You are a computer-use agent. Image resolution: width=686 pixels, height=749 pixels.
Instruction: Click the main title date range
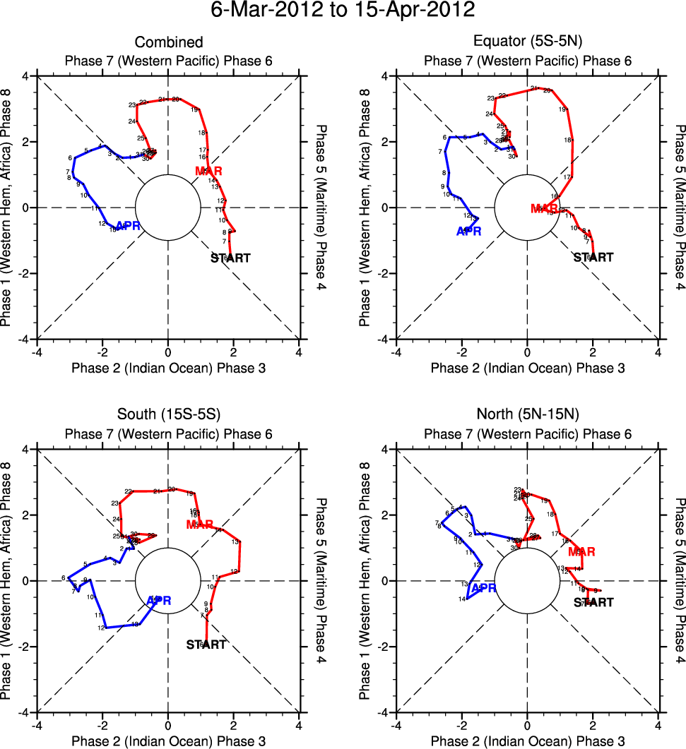343,12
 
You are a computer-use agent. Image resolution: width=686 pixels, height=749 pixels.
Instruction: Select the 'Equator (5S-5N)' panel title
527,43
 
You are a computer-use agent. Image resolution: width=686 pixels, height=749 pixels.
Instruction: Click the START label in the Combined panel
230,258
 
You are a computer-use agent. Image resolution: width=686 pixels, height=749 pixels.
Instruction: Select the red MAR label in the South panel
200,525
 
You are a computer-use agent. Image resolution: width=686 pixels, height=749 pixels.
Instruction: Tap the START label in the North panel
593,603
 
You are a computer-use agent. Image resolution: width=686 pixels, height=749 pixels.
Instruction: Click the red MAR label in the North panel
581,551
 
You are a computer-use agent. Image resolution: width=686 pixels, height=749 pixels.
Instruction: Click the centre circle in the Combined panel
168,208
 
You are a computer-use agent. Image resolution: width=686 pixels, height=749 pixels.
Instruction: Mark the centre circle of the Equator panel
527,208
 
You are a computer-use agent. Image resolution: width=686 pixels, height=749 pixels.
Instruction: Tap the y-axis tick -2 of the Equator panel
387,273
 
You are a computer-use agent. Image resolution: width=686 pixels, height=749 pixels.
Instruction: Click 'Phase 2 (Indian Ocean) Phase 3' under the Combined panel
168,368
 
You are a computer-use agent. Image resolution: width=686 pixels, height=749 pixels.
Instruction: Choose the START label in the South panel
206,645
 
